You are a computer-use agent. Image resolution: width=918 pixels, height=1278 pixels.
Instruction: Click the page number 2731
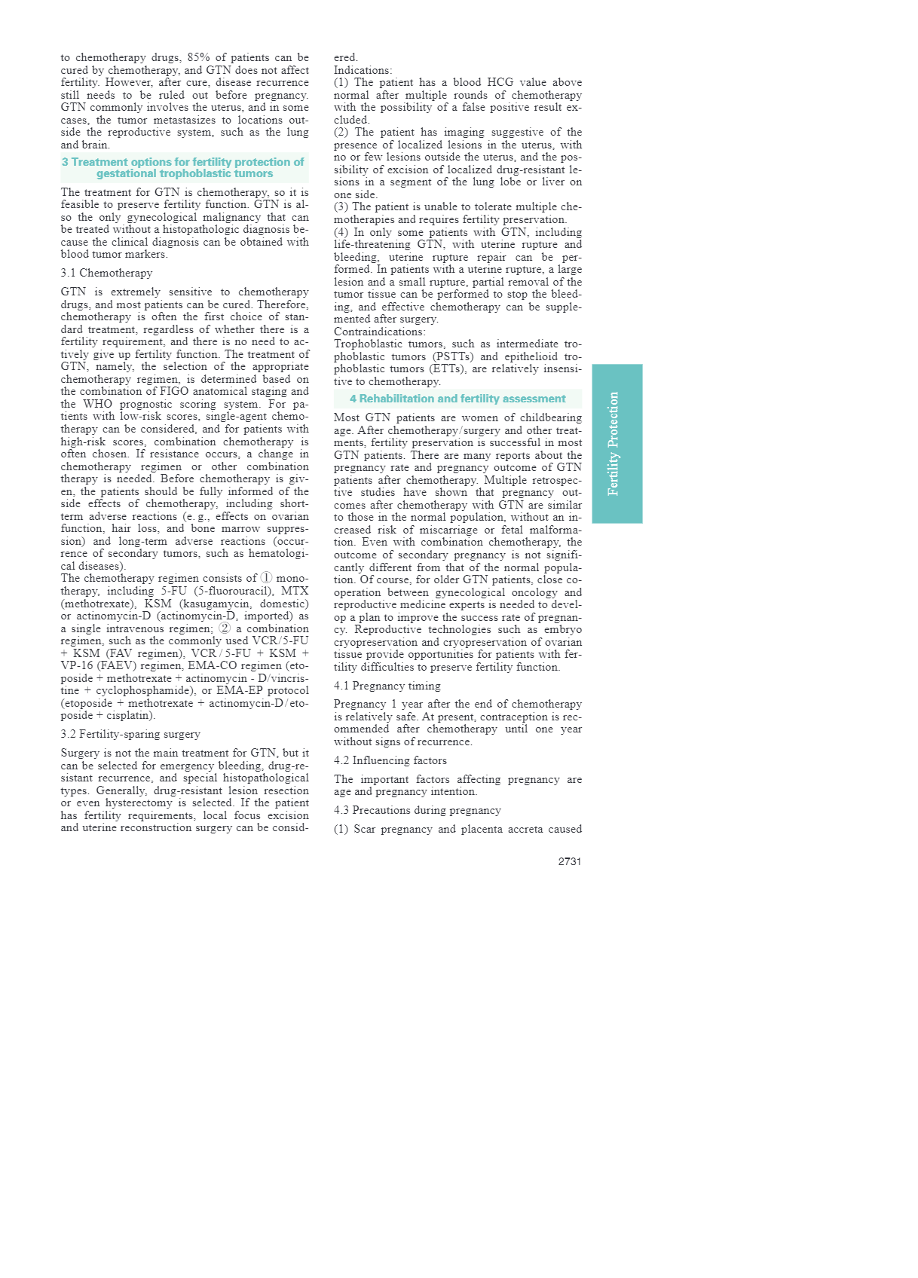[x=569, y=861]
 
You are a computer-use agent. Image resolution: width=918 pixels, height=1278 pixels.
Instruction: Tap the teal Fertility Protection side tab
[x=617, y=444]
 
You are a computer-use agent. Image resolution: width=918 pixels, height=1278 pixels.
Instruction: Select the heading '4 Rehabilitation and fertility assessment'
[x=457, y=399]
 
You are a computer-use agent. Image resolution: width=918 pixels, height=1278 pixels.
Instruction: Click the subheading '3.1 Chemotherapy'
[x=106, y=273]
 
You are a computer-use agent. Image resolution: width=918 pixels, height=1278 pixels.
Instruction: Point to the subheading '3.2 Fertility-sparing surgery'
[x=130, y=734]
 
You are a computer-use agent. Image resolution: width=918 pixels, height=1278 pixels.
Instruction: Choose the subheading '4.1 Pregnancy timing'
[x=387, y=686]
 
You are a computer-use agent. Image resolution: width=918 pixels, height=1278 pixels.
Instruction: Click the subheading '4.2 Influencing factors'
[x=390, y=760]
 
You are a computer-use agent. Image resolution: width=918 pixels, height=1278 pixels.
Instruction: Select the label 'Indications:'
[x=363, y=70]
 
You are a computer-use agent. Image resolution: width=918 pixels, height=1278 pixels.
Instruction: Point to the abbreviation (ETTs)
[x=452, y=369]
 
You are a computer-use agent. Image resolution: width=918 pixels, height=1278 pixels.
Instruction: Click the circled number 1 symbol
[x=266, y=579]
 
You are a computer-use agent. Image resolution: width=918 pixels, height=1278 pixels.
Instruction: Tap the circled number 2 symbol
[x=225, y=628]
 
